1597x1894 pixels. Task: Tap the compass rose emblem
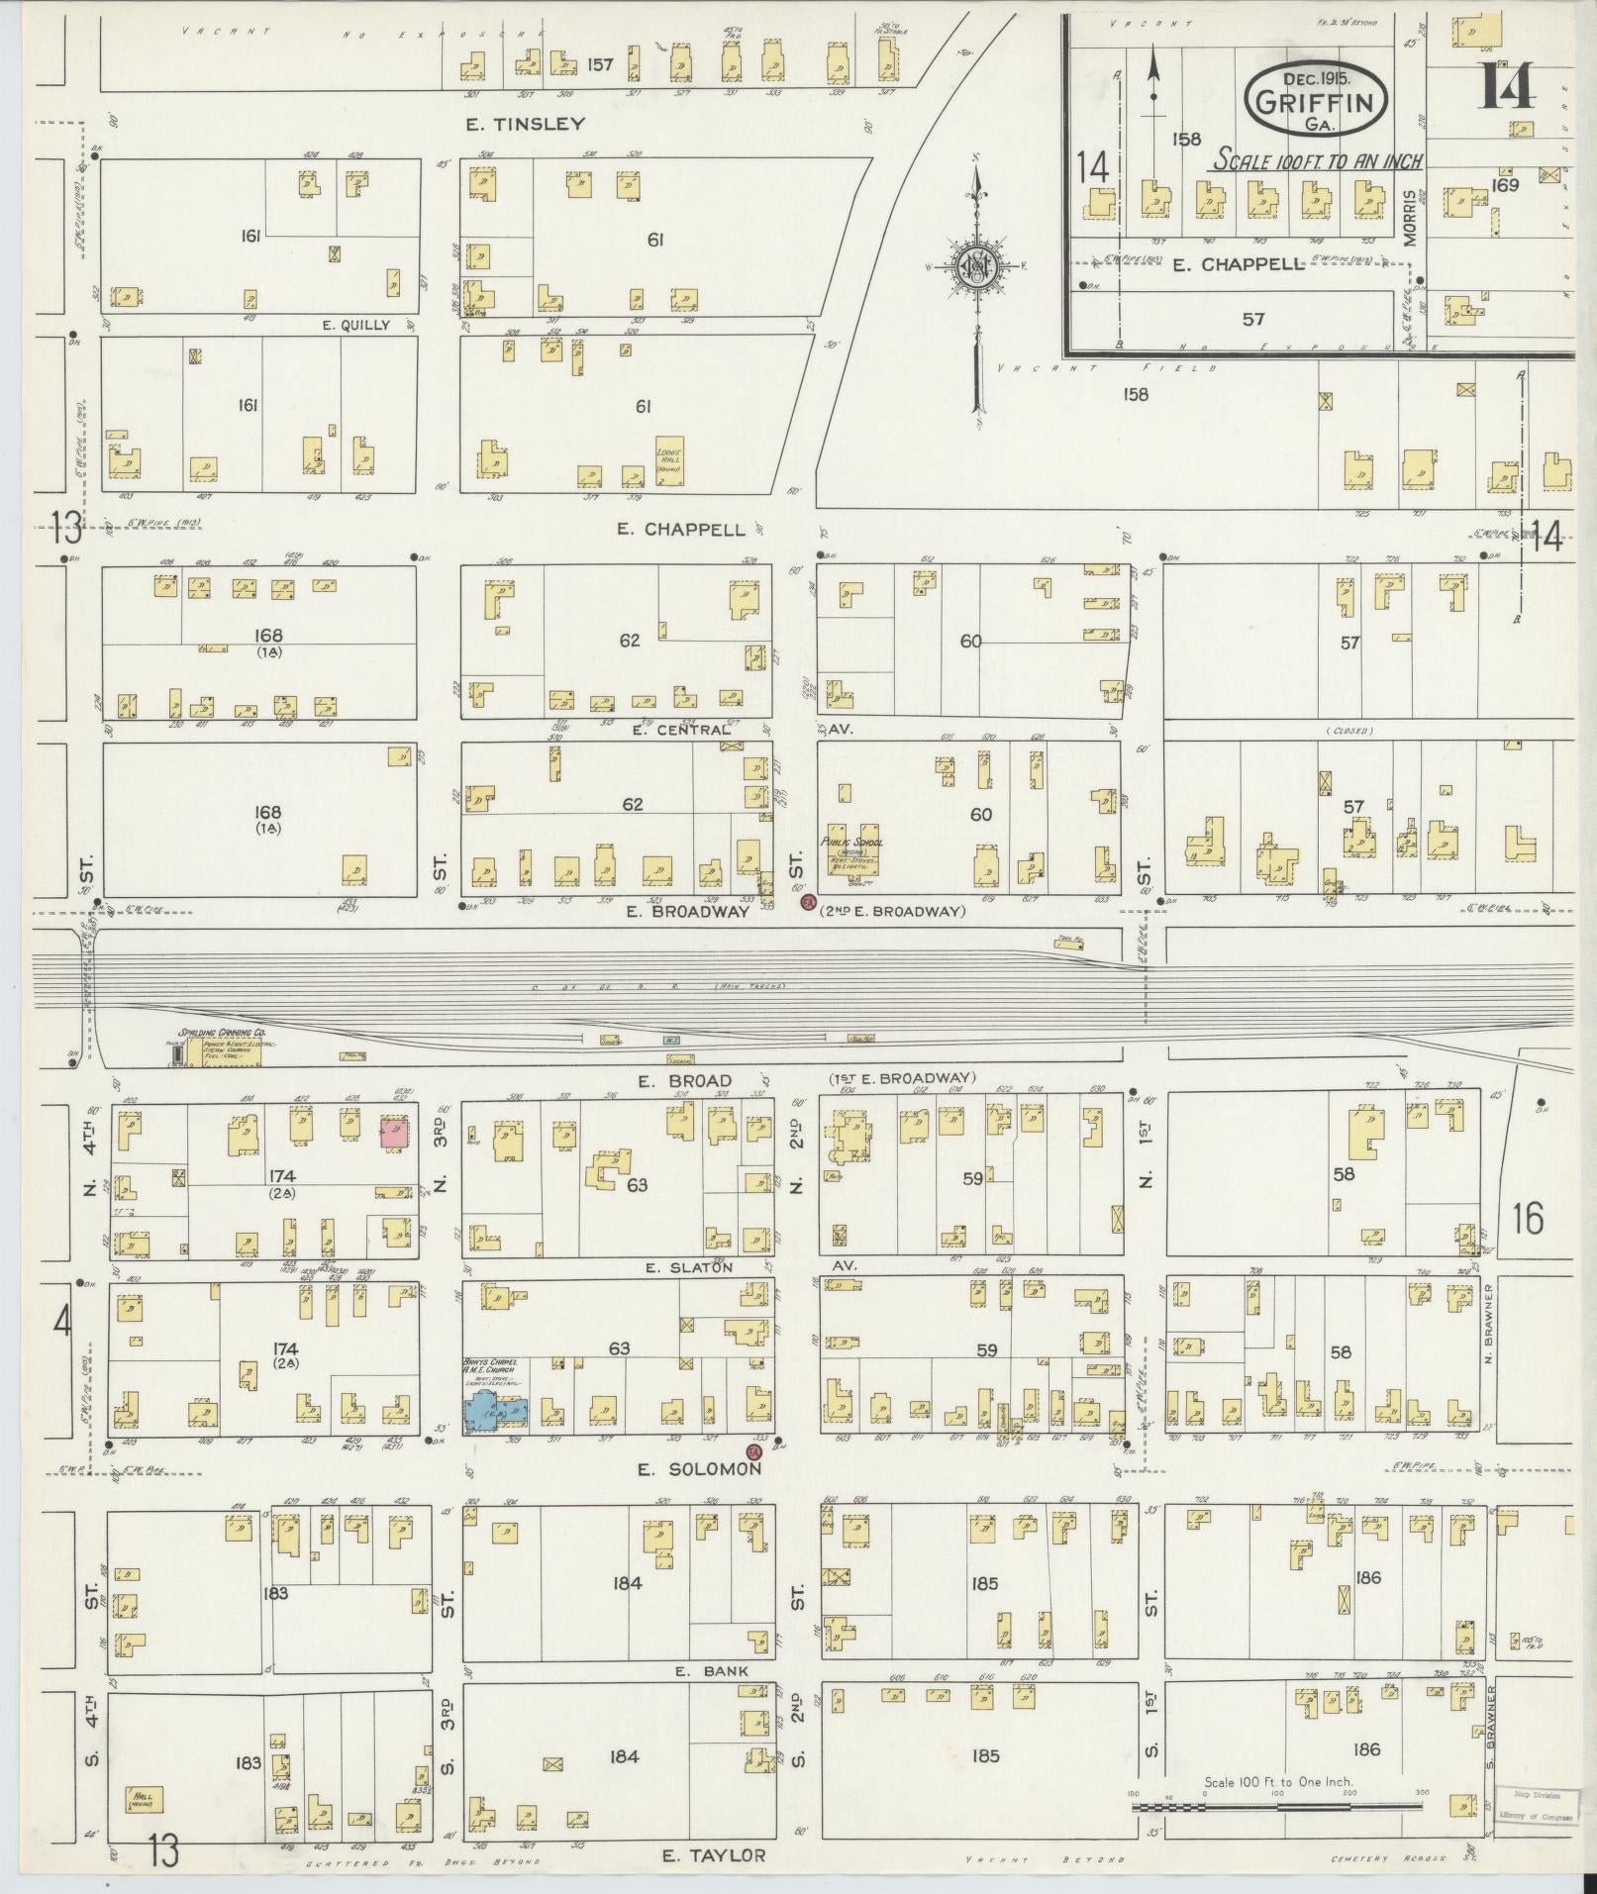tap(975, 268)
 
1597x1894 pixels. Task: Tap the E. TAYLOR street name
tap(713, 1854)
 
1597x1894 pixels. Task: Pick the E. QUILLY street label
tap(355, 325)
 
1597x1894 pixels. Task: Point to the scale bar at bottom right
tap(1277, 1806)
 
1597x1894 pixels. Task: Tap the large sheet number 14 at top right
tap(1506, 86)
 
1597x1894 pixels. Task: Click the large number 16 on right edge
tap(1527, 1218)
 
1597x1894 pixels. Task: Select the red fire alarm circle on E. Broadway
tap(807, 902)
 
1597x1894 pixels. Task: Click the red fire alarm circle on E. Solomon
tap(753, 1451)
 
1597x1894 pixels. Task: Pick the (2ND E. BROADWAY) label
tap(891, 911)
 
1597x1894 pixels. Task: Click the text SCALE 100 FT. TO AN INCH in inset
tap(1319, 161)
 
